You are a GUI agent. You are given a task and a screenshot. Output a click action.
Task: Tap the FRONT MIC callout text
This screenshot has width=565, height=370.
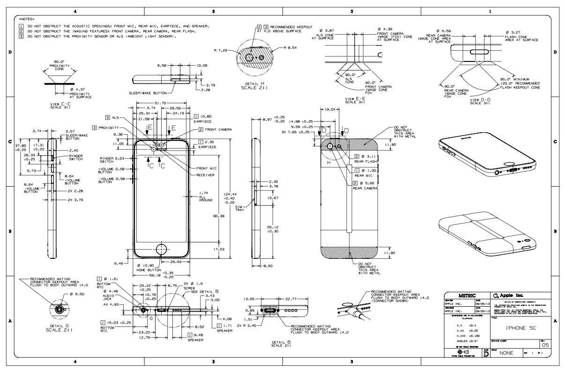[207, 168]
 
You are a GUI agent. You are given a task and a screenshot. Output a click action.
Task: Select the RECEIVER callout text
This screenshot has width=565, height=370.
[205, 175]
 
